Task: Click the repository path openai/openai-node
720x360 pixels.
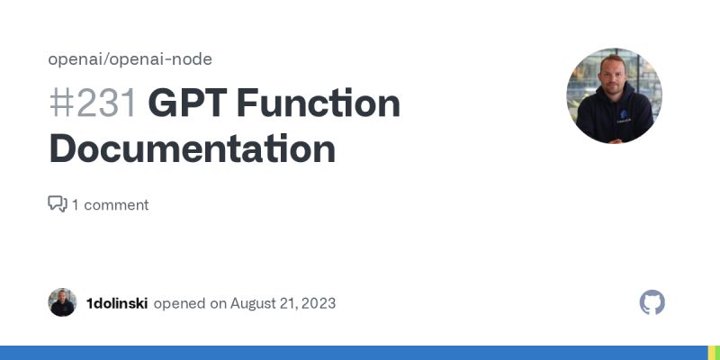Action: pos(130,59)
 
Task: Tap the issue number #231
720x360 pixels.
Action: pos(93,104)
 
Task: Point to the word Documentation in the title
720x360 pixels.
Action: pos(192,148)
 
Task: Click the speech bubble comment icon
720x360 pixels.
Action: pos(58,204)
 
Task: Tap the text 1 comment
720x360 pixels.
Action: pos(110,204)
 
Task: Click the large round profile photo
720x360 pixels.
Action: pos(614,95)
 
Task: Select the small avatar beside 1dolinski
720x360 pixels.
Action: pos(62,302)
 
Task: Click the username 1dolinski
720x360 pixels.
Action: pos(117,302)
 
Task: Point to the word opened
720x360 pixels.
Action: pos(179,302)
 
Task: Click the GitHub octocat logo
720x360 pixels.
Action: pos(652,302)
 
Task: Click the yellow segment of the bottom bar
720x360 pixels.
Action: pos(710,353)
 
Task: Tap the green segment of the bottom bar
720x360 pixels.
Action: pos(717,353)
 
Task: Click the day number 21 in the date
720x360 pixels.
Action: pos(287,302)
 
